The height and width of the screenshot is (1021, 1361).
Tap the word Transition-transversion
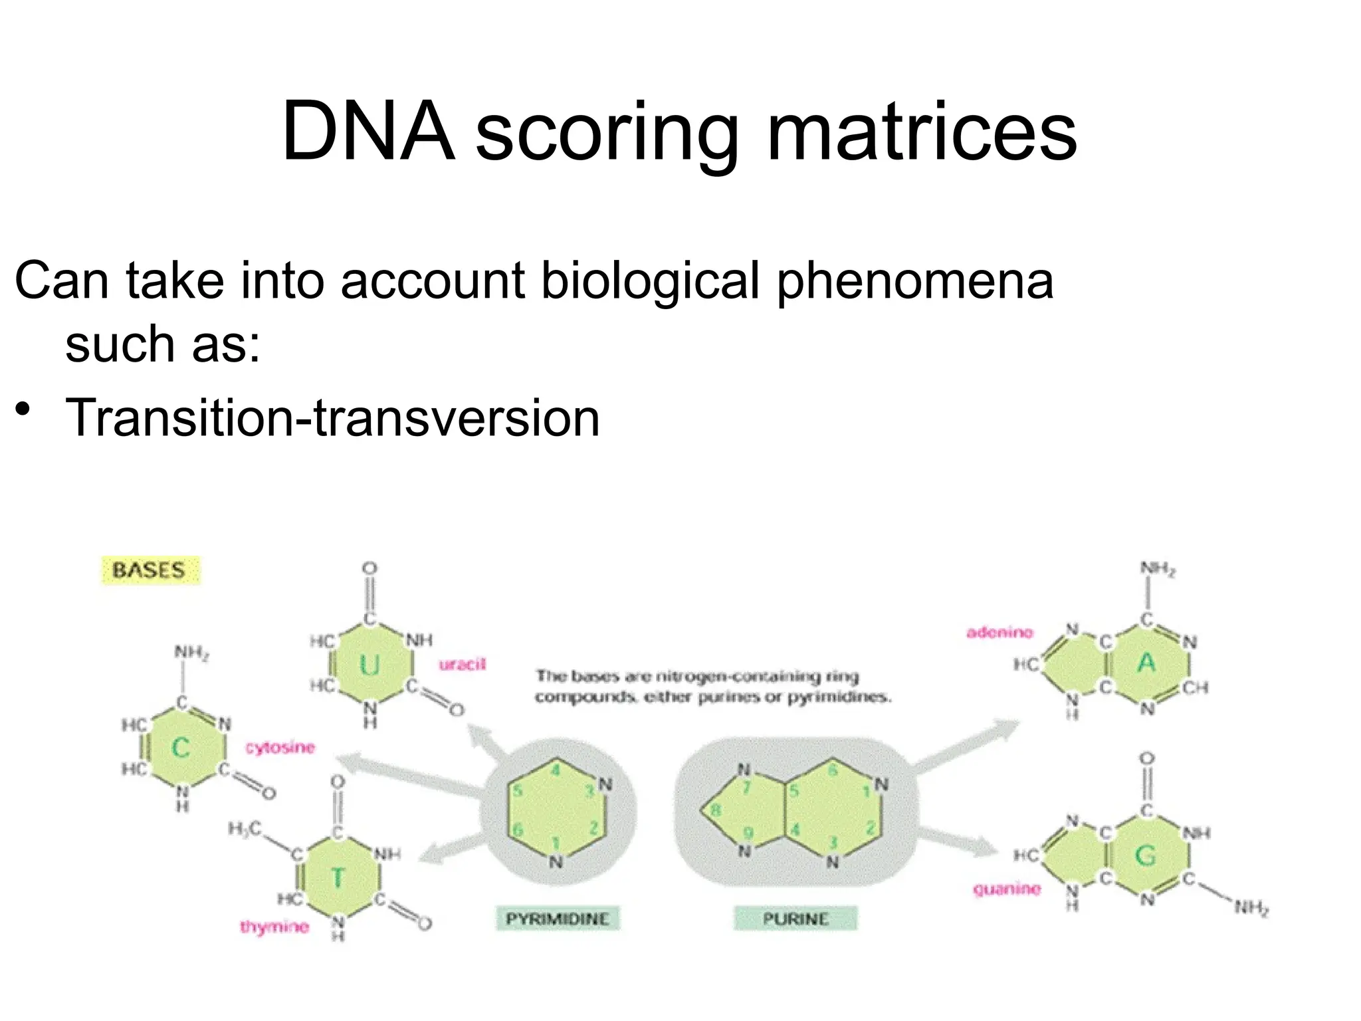[x=332, y=417]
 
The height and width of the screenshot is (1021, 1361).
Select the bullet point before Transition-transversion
[x=23, y=408]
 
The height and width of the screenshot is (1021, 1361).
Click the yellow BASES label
[x=150, y=570]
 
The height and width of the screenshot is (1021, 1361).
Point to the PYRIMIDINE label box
[x=557, y=919]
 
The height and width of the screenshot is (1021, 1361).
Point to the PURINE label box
[x=795, y=919]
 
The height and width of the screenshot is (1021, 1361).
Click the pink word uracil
[x=463, y=664]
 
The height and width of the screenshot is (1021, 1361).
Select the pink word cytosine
[x=280, y=747]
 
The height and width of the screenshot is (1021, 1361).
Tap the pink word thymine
[x=274, y=927]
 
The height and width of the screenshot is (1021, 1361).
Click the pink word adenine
[x=999, y=632]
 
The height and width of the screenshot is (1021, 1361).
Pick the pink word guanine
[x=1006, y=889]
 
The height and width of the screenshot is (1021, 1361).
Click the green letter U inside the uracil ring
[x=369, y=665]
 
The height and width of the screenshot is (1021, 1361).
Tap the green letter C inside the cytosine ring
[x=180, y=748]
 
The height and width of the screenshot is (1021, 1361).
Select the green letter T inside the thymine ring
[x=338, y=878]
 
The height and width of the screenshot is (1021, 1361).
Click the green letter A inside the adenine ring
[x=1146, y=663]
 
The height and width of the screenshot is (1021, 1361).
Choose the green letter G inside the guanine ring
[x=1145, y=855]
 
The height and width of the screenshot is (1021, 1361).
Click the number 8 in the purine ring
[x=715, y=810]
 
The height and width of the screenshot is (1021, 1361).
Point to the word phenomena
[x=914, y=281]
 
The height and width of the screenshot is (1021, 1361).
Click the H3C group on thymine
[x=245, y=828]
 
